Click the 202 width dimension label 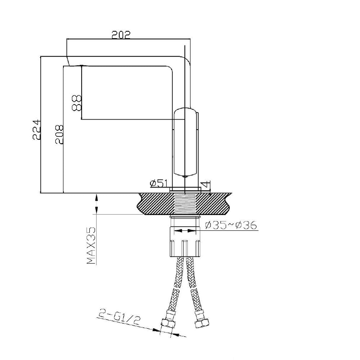pos(121,35)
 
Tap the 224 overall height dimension pos(37,130)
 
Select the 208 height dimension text pos(59,134)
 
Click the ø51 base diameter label pos(159,183)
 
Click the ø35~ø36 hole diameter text pos(230,225)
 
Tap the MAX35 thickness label pos(91,246)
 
